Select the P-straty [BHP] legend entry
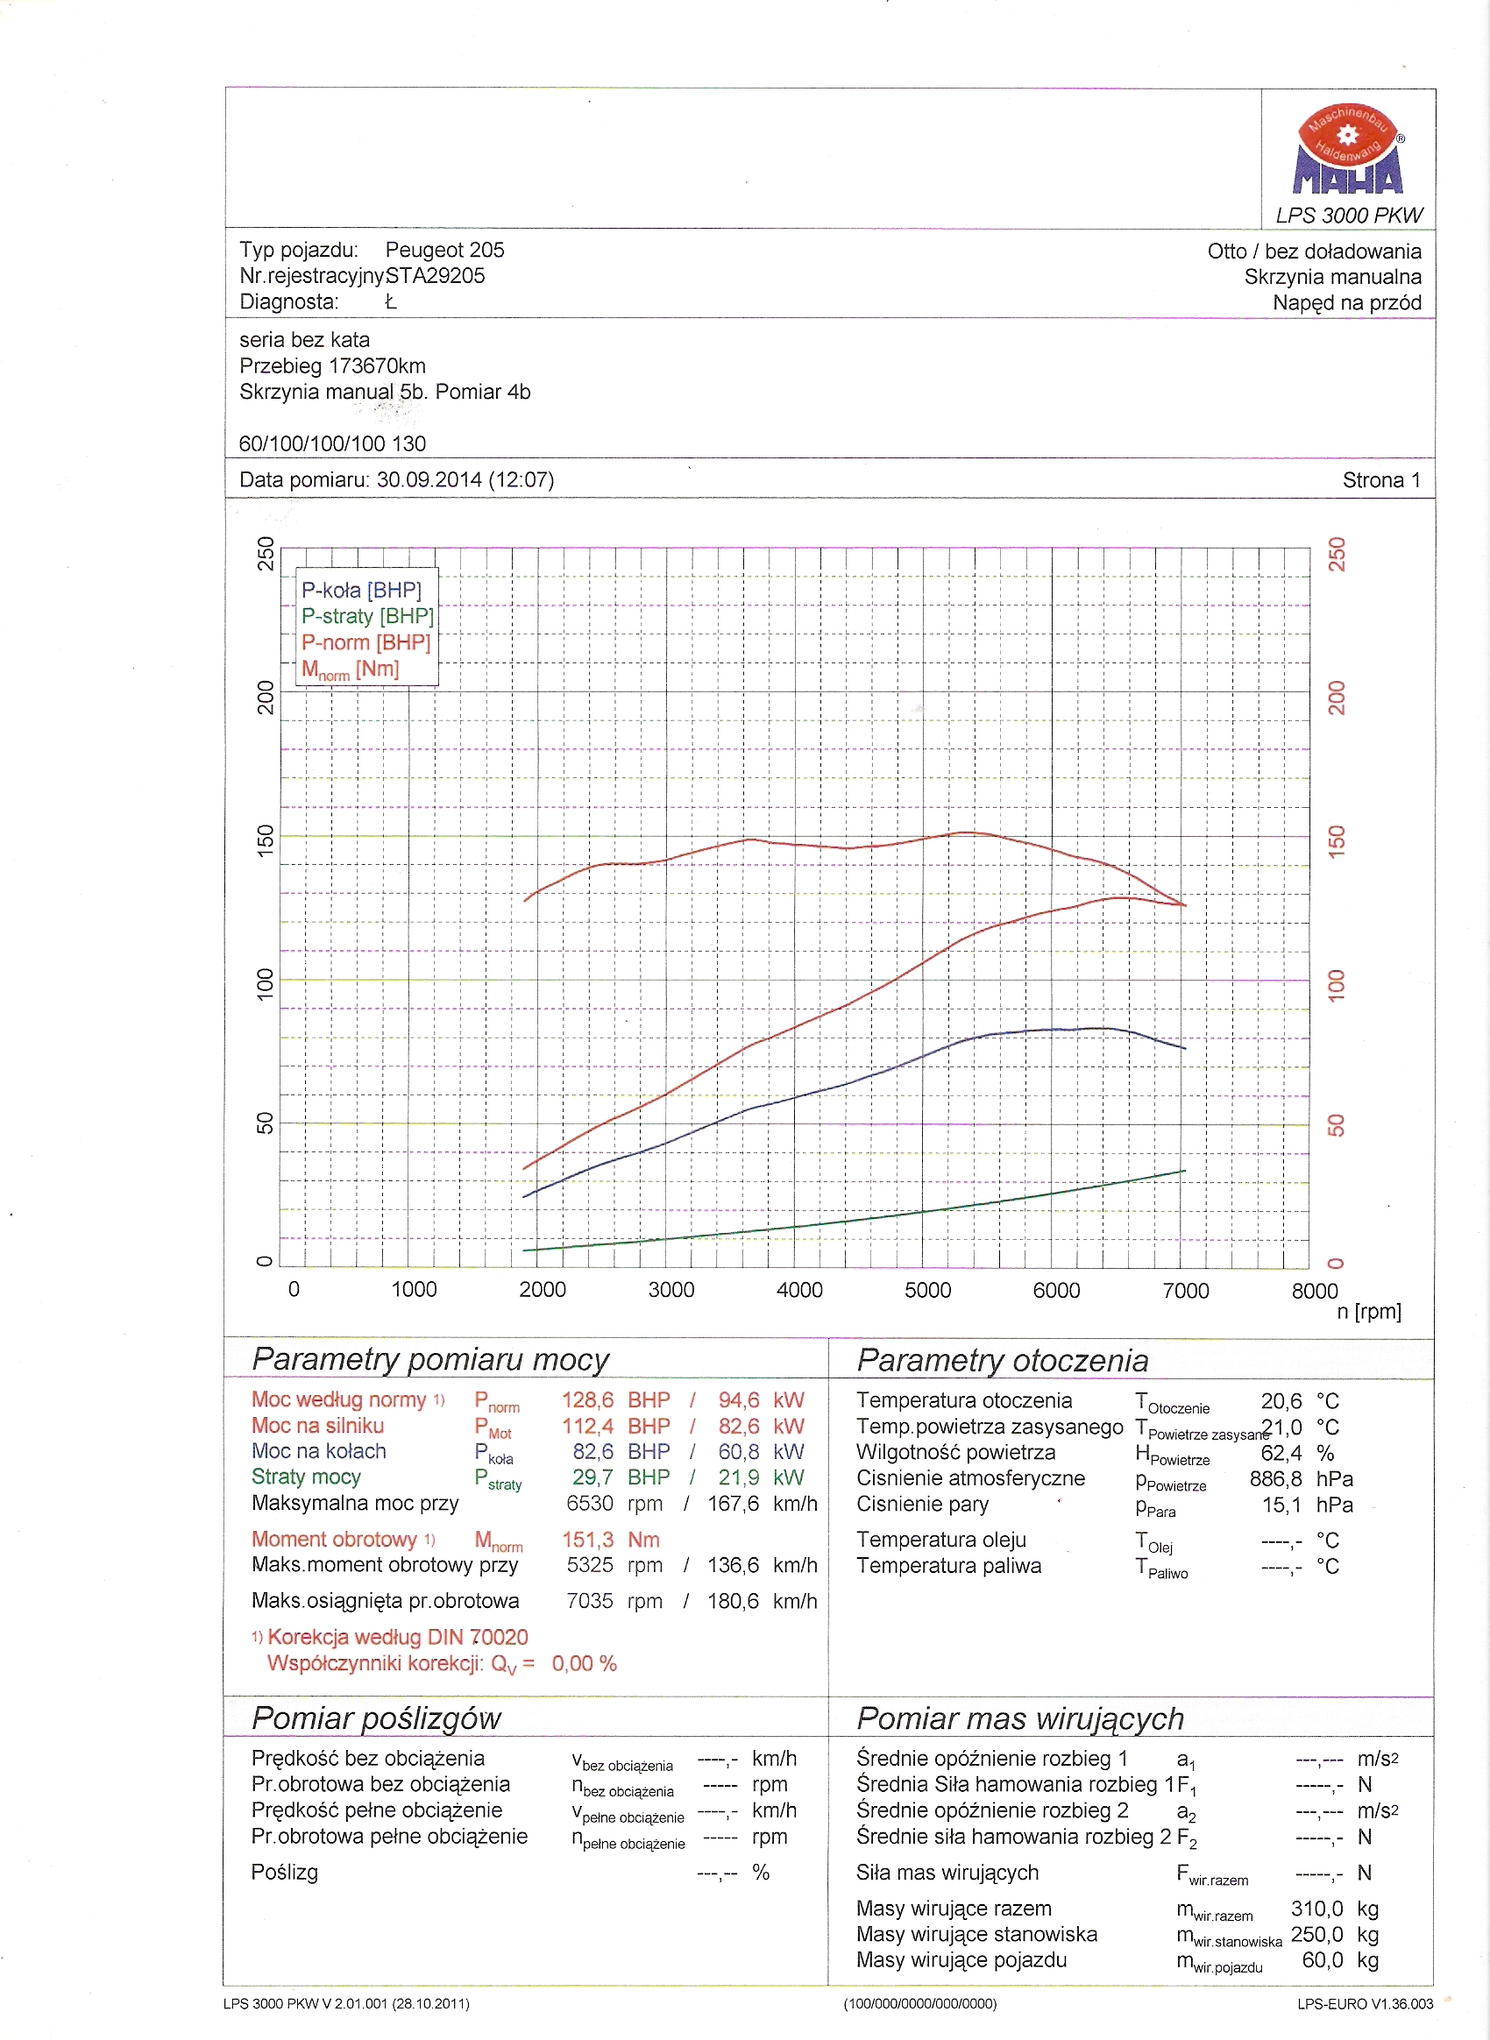[x=367, y=616]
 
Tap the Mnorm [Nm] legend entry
[x=350, y=669]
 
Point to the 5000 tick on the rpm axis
[x=927, y=1291]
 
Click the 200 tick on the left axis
[x=266, y=698]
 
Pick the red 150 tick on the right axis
[x=1337, y=840]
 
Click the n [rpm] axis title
[x=1368, y=1311]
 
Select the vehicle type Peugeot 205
[x=444, y=250]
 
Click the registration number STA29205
[x=435, y=276]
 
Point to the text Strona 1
[x=1380, y=481]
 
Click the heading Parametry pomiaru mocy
[x=430, y=1359]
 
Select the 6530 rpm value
[x=589, y=1504]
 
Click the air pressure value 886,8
[x=1275, y=1479]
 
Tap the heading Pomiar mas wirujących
[x=1019, y=1718]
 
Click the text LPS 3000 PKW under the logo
[x=1348, y=216]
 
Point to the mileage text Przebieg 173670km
[x=332, y=366]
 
